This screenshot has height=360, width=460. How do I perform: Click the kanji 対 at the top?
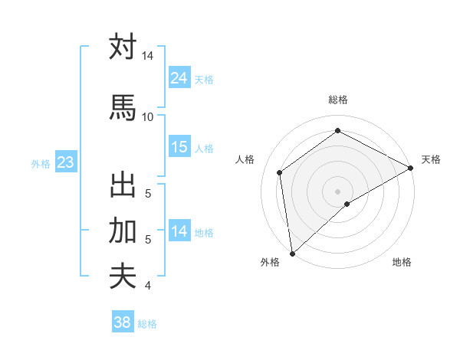tap(123, 47)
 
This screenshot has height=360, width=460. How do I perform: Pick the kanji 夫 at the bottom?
tap(123, 276)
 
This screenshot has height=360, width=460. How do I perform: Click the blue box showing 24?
tap(179, 78)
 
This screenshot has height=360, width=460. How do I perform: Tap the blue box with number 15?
tap(179, 147)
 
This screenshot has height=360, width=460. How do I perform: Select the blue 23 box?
tap(65, 162)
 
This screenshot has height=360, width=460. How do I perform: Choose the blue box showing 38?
tap(123, 322)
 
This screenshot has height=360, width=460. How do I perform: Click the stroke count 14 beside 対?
tap(148, 57)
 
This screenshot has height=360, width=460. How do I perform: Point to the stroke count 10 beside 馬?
tap(147, 116)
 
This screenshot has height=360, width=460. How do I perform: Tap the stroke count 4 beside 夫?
tap(147, 286)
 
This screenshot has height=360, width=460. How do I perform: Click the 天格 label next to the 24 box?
tap(204, 79)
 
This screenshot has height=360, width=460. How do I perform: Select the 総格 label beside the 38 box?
tap(147, 324)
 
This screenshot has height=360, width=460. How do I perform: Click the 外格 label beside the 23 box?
tap(41, 163)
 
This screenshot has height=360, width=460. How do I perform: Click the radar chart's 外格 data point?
tap(292, 253)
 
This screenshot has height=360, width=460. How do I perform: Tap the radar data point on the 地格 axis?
tap(347, 204)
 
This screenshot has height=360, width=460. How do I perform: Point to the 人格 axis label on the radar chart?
tap(245, 159)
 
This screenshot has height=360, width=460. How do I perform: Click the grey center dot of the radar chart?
tap(337, 190)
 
